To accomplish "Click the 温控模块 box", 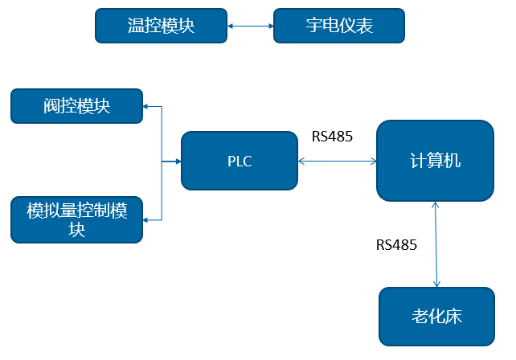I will [x=161, y=26].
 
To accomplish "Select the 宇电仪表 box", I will [x=338, y=26].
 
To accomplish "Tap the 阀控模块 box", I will [x=76, y=106].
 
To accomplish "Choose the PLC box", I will [x=239, y=161].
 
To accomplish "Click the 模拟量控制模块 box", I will [x=76, y=219].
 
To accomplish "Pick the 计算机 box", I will [x=435, y=161].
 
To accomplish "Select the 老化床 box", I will [x=436, y=316].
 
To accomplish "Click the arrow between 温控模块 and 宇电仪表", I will [x=250, y=26].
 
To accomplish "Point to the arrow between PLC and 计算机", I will [x=337, y=162].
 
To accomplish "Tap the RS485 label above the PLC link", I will [x=332, y=137].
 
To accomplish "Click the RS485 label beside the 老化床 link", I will [x=396, y=245].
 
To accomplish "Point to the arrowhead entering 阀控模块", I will [x=146, y=106].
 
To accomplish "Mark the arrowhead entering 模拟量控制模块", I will [x=146, y=219].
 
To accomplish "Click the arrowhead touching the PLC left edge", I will [x=178, y=162].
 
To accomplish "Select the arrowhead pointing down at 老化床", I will [x=436, y=284].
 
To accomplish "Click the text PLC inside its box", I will [x=239, y=162].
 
